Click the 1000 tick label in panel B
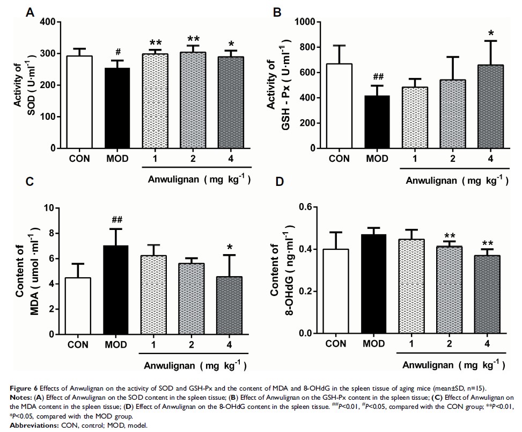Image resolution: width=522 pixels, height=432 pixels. click(304, 22)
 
